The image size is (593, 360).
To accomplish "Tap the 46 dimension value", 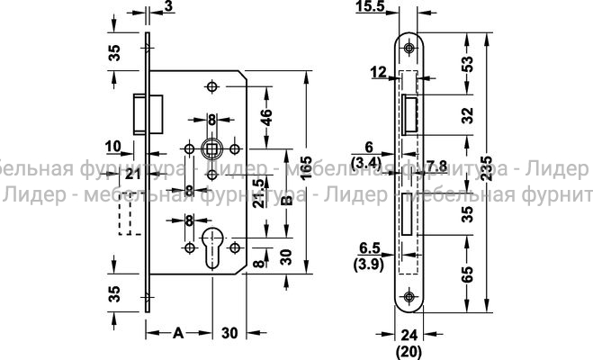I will click(266, 118).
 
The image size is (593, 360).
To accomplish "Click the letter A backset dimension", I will click(177, 333).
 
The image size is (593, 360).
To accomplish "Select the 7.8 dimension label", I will click(437, 164).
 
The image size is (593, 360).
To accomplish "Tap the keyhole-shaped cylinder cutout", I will click(213, 247).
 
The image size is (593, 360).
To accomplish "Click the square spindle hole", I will click(212, 147).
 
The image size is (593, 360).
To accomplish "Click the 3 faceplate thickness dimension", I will click(169, 8).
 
